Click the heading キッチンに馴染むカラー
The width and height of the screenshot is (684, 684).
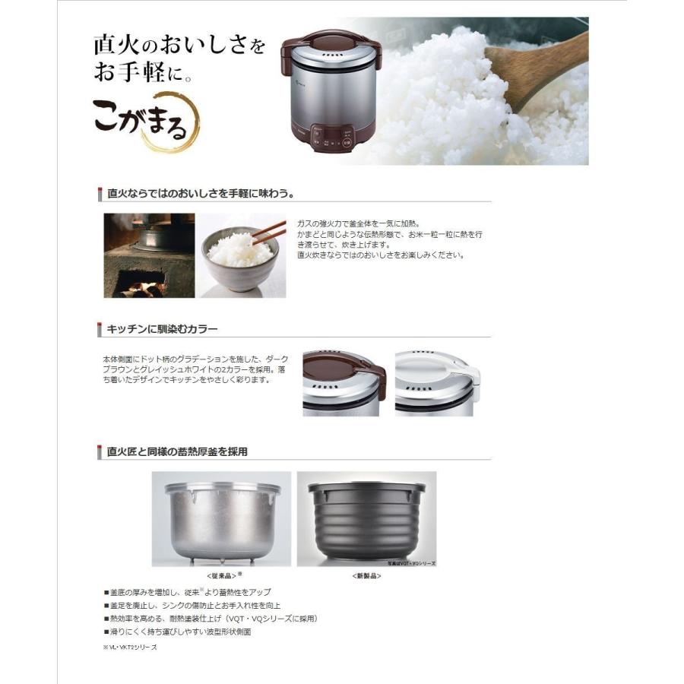point(163,329)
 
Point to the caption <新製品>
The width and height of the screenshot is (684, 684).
point(366,575)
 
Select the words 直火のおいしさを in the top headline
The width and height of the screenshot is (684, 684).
point(179,45)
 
